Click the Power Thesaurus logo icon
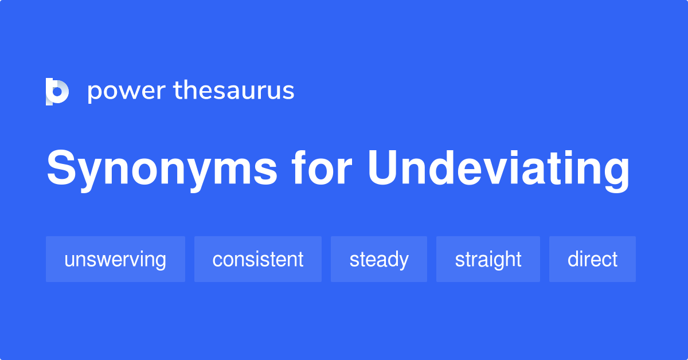tap(57, 91)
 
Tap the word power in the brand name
tap(125, 92)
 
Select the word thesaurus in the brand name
tap(234, 91)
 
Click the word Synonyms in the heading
tap(162, 170)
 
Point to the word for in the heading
tap(321, 169)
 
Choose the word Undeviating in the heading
tap(498, 170)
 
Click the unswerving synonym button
tap(115, 259)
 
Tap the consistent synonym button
tap(258, 259)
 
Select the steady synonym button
tap(379, 259)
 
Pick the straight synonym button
tap(488, 259)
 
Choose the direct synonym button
tap(592, 259)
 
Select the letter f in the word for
tap(299, 169)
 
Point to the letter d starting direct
tap(573, 259)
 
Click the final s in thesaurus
tap(289, 92)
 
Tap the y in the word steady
tap(404, 262)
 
